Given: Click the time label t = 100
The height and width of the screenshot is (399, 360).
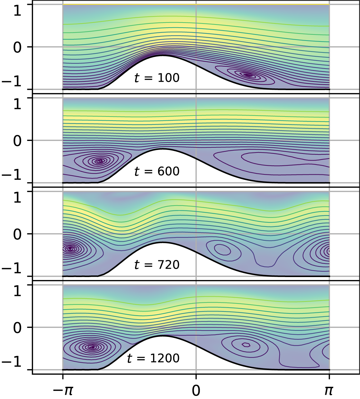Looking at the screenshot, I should [x=157, y=78].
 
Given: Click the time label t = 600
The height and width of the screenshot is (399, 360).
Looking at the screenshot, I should [x=157, y=171].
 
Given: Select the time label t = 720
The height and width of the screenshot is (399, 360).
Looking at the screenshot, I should [x=157, y=265].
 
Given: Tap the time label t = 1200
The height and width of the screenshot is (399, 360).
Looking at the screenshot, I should [x=153, y=358].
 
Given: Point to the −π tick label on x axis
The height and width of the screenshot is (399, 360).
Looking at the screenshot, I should [x=63, y=390].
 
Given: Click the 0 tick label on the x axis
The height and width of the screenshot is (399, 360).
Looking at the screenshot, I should [x=196, y=390].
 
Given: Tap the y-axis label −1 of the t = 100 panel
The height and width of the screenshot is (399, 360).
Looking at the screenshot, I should [x=13, y=82].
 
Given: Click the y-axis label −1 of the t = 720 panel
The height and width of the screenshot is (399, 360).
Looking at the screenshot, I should [x=13, y=269].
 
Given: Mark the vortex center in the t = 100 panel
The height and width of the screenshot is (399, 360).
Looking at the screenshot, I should [x=248, y=75].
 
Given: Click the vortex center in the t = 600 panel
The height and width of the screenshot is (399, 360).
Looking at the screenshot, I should [x=100, y=161].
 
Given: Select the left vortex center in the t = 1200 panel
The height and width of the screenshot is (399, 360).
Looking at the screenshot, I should [x=93, y=347].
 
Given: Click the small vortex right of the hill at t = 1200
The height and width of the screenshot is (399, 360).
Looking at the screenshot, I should [x=246, y=345].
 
